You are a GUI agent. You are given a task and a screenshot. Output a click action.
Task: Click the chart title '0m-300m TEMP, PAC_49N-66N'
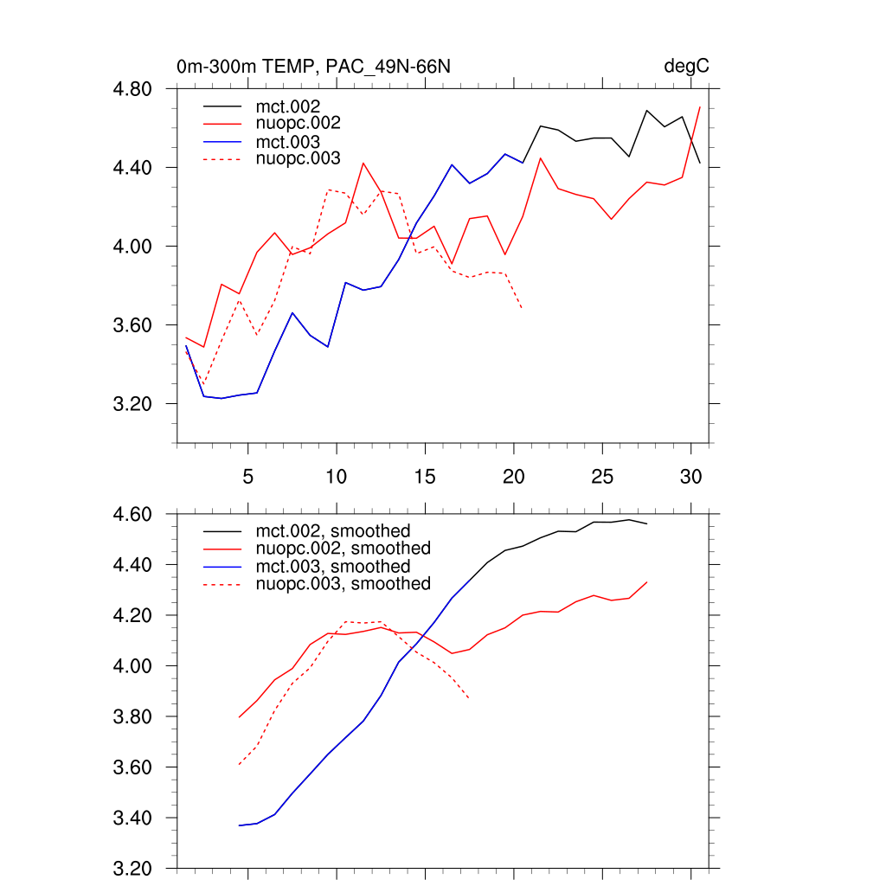tap(313, 67)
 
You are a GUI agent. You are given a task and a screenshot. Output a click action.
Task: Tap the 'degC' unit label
tap(687, 67)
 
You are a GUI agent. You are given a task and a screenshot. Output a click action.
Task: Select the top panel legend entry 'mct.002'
tap(294, 106)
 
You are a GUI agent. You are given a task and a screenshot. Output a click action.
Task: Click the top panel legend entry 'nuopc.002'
tap(305, 124)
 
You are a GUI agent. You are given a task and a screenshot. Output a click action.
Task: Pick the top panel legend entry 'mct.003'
tap(294, 142)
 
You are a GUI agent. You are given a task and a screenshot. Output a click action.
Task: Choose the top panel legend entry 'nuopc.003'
tap(305, 158)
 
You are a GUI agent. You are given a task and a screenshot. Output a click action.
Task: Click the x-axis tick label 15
tap(425, 476)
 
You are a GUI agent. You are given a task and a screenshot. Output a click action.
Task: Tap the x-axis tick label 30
tap(690, 476)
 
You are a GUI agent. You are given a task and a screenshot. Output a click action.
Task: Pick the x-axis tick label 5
tap(248, 476)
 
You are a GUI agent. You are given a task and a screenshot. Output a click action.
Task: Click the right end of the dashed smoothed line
tap(469, 698)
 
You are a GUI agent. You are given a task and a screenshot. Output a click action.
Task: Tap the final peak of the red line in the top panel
tap(699, 107)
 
